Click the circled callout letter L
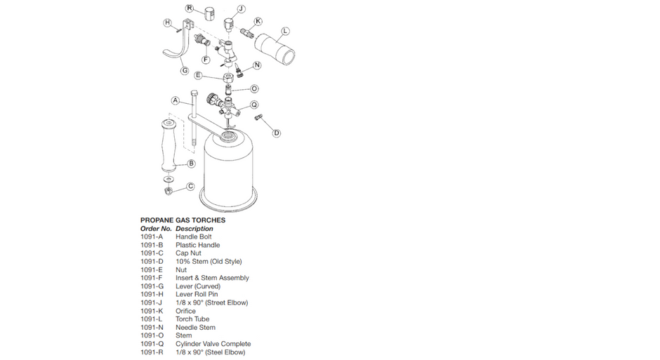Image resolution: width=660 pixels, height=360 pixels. coord(285,31)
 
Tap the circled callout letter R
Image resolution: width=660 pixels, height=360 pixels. coord(190,8)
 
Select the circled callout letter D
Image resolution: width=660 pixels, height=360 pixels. coord(277,133)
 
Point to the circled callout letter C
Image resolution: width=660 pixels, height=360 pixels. coord(190,187)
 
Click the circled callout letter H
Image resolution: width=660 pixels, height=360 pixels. coord(168,23)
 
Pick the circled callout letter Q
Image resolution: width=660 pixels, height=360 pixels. coord(254,105)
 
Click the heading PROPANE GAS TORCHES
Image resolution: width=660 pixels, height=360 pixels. coord(183,220)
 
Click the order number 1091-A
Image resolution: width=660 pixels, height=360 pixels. coord(152,237)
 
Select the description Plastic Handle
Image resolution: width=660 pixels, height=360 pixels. coord(197,245)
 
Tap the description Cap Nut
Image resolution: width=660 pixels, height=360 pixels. coord(189,253)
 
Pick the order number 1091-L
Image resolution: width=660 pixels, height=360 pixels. coord(152,319)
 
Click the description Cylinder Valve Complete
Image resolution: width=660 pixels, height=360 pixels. coord(213,344)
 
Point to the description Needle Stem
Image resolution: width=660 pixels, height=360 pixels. coord(195,328)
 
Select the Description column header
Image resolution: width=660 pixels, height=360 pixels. coord(194,229)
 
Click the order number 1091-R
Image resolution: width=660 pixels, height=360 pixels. coord(152,352)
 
